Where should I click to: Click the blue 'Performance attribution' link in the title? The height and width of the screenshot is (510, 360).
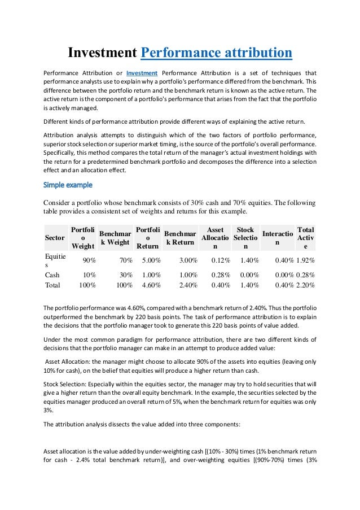(x=216, y=53)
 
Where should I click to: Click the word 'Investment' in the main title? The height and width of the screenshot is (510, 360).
(x=102, y=53)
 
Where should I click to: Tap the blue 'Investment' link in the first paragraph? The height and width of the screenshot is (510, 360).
(x=142, y=73)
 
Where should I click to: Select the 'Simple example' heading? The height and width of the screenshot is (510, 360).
(x=68, y=185)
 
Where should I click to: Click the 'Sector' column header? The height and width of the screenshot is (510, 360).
(x=55, y=238)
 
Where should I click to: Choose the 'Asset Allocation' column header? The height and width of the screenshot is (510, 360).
(x=215, y=238)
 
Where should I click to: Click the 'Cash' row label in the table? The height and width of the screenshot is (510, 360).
(x=52, y=274)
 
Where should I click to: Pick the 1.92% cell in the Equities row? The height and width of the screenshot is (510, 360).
(x=305, y=260)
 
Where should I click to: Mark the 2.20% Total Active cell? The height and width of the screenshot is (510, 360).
(x=305, y=285)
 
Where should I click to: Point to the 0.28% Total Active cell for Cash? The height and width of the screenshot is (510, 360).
(x=305, y=274)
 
